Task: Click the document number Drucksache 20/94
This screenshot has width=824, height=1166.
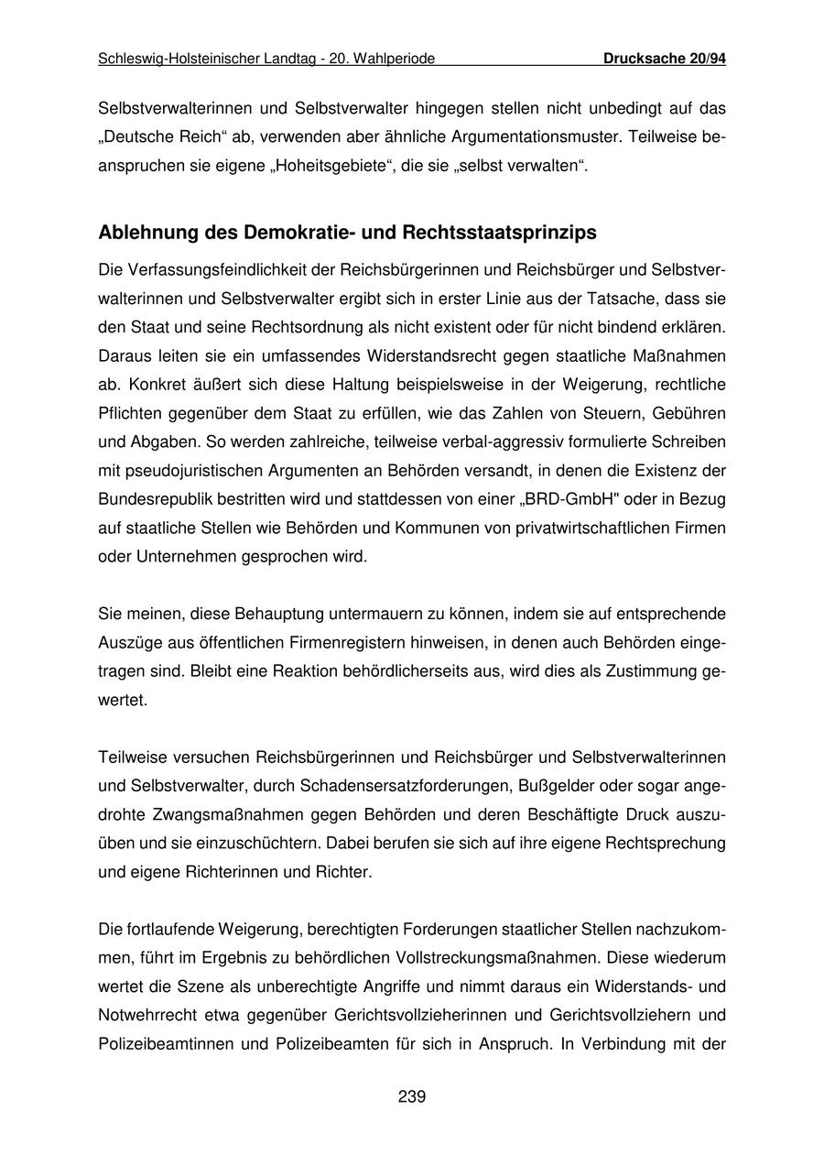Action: (x=665, y=59)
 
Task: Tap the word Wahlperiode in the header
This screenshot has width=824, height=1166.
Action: (x=394, y=59)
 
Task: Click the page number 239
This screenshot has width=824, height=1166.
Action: (x=412, y=1096)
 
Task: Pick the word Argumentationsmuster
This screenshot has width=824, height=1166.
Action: (x=512, y=137)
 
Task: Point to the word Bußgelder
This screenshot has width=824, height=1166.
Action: (x=551, y=786)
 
